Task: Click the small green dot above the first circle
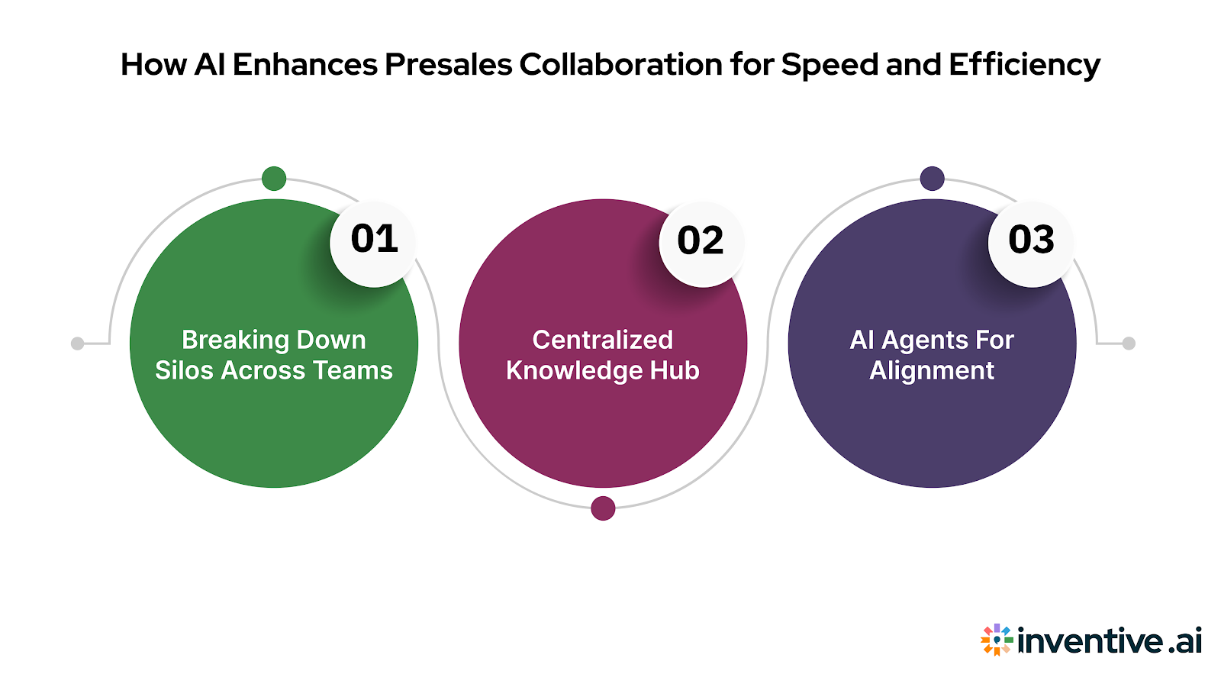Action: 274,179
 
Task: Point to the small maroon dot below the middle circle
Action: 603,508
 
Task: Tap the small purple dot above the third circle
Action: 932,179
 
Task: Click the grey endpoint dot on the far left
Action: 77,343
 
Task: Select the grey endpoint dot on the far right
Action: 1129,343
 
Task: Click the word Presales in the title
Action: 448,65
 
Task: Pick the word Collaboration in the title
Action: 620,65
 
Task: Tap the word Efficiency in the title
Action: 1024,65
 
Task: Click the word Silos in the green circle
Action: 182,371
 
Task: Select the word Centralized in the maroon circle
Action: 602,340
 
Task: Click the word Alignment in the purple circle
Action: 932,372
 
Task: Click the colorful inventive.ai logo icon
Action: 996,640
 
